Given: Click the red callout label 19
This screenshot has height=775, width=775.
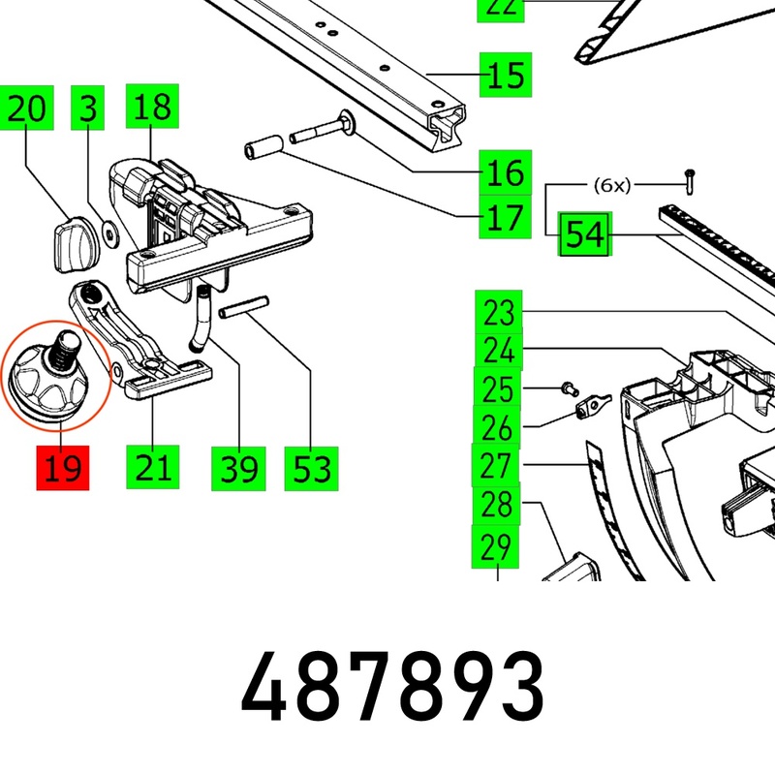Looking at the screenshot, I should coord(62,468).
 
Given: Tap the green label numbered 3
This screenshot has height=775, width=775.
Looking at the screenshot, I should coord(89,108).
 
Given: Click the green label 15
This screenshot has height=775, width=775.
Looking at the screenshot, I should coord(505,75).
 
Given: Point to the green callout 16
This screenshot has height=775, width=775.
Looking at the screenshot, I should coord(505,173).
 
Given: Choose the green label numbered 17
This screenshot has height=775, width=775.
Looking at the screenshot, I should coord(505,217).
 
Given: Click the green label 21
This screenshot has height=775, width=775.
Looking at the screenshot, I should coord(152,468).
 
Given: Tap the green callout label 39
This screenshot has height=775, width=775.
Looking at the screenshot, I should coord(238,469).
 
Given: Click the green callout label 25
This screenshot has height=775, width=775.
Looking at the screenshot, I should coord(498,388).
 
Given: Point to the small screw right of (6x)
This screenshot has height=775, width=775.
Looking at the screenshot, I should coord(690,177).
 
